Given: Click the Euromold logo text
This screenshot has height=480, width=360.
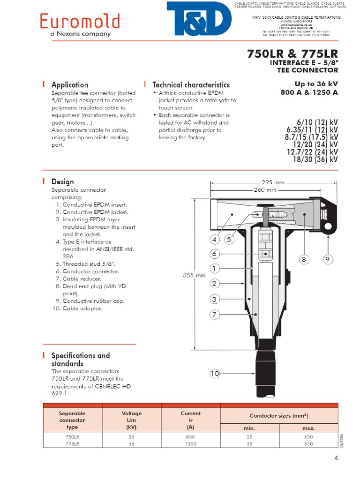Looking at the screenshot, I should (x=80, y=21).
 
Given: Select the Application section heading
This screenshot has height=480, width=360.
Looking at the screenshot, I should (x=69, y=85).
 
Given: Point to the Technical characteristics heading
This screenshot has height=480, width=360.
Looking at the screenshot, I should (x=191, y=85).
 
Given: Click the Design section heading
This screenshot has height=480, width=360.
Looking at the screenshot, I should (x=62, y=181).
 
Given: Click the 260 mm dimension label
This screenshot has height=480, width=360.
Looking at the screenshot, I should (x=265, y=190).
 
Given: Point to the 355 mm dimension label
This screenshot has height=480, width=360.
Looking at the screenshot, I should (x=194, y=276).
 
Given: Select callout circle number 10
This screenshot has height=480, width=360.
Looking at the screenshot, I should (x=214, y=374).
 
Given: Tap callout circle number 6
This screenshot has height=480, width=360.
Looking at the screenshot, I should (x=214, y=254).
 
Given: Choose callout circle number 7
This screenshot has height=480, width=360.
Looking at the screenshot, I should (x=214, y=315).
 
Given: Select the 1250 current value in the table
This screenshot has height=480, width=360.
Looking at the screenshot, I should (x=190, y=443).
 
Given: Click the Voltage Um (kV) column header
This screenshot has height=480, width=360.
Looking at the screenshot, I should (x=131, y=420).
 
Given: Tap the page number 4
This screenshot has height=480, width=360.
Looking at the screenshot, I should (x=336, y=458).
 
